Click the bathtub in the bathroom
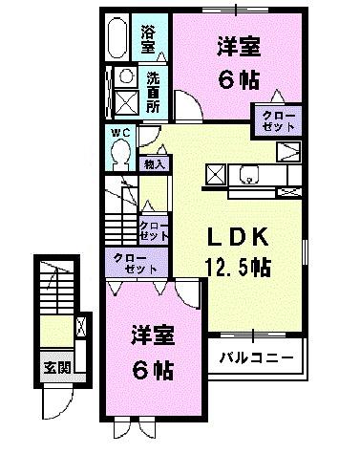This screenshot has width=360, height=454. [x=118, y=38]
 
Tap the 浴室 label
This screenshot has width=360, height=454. [x=148, y=38]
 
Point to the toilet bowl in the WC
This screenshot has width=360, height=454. [x=120, y=153]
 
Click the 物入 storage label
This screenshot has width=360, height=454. [x=156, y=163]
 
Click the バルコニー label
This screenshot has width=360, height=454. [x=257, y=358]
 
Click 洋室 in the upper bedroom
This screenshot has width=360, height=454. [x=239, y=45]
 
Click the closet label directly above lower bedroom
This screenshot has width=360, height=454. [x=134, y=263]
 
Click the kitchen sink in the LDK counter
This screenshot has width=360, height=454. [x=250, y=175]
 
